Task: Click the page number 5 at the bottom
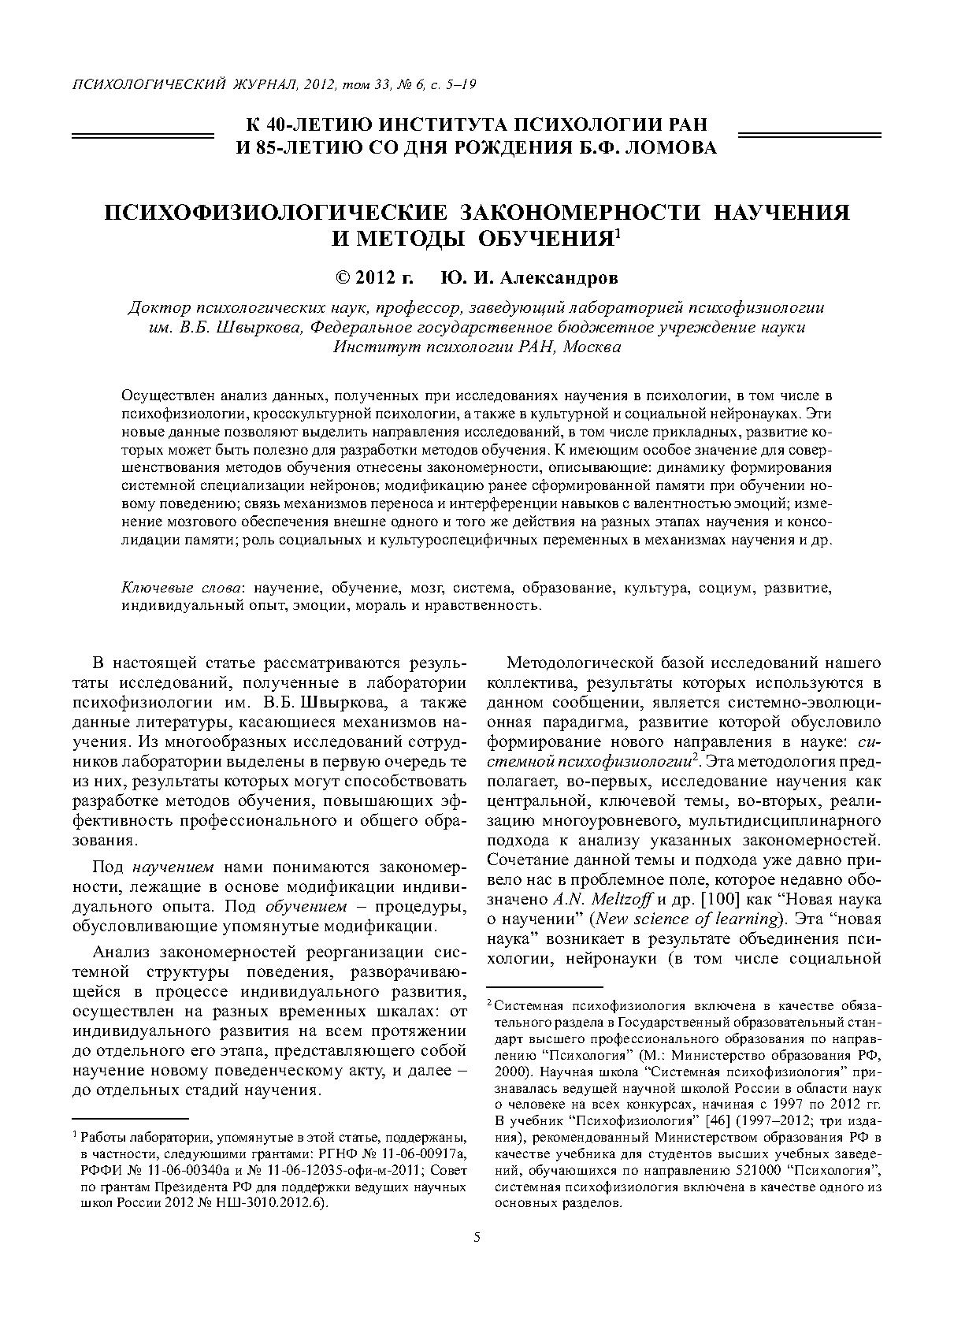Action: coord(477,1237)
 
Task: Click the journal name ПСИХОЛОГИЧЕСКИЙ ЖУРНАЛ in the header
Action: coord(185,84)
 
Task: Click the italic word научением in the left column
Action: coord(173,867)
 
